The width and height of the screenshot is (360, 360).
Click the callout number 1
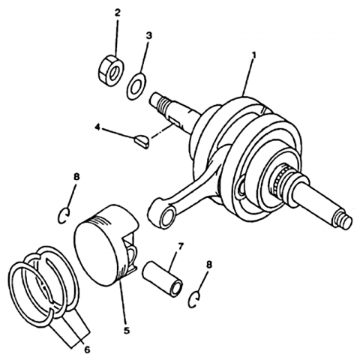(x=254, y=55)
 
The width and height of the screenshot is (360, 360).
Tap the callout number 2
(x=117, y=13)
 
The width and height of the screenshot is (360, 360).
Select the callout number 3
(x=148, y=36)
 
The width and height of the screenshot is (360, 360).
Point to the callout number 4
(x=97, y=127)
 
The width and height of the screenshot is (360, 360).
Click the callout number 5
(x=127, y=331)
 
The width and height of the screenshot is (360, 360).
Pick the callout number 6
(x=87, y=350)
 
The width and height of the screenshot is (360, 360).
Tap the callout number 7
(x=180, y=247)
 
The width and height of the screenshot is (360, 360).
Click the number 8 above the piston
(x=76, y=177)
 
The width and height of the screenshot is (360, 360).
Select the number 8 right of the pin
(x=209, y=265)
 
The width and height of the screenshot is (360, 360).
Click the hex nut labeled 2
(x=111, y=70)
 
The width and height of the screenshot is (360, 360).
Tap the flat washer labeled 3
(x=136, y=86)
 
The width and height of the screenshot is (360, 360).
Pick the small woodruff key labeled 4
(x=142, y=141)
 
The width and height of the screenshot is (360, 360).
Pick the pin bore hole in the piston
(x=132, y=256)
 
